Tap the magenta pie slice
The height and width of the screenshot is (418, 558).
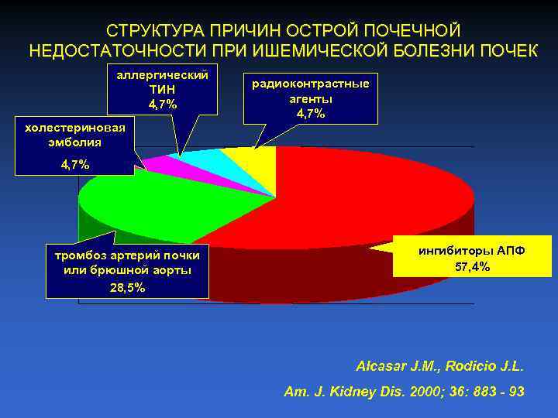[159, 163]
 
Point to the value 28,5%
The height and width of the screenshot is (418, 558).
[126, 287]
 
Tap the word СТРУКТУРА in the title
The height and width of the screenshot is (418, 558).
[152, 30]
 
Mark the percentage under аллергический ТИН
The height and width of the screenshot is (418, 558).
[162, 104]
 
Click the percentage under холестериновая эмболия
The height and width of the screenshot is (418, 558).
[74, 164]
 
